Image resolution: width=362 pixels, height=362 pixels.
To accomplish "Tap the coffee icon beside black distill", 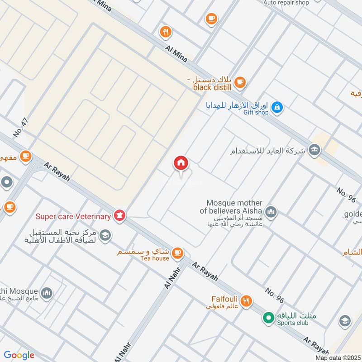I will [x=240, y=82].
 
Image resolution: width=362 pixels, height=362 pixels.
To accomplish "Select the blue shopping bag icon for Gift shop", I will [x=277, y=108].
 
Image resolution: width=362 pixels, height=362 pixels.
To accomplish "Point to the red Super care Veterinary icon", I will [x=120, y=215].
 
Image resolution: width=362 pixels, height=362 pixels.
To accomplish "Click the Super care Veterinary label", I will [x=73, y=216].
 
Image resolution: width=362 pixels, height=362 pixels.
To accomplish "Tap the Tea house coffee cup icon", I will [x=178, y=252].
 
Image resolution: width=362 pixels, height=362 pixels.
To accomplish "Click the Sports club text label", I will [x=293, y=323].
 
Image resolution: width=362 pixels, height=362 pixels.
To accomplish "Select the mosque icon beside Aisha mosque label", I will [x=271, y=211].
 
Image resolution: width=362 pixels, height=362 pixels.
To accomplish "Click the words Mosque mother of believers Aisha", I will [x=233, y=207].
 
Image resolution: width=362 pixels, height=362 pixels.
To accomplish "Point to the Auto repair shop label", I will [x=286, y=3].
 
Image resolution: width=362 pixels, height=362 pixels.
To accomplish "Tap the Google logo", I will [x=19, y=355].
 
